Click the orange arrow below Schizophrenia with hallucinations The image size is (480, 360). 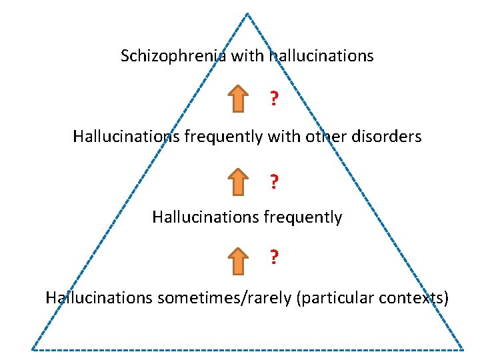238,99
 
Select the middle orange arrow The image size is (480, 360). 238,181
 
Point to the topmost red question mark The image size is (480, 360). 274,99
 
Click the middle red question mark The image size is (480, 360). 274,181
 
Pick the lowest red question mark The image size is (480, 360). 274,257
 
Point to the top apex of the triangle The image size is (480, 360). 247,13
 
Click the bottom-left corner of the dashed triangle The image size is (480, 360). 32,349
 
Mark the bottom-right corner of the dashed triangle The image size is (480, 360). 463,349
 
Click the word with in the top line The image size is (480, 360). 247,56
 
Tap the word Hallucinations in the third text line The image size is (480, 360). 198,217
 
